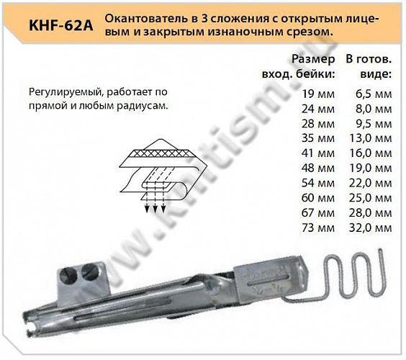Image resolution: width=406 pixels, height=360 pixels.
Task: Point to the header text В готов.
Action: [x=369, y=59]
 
